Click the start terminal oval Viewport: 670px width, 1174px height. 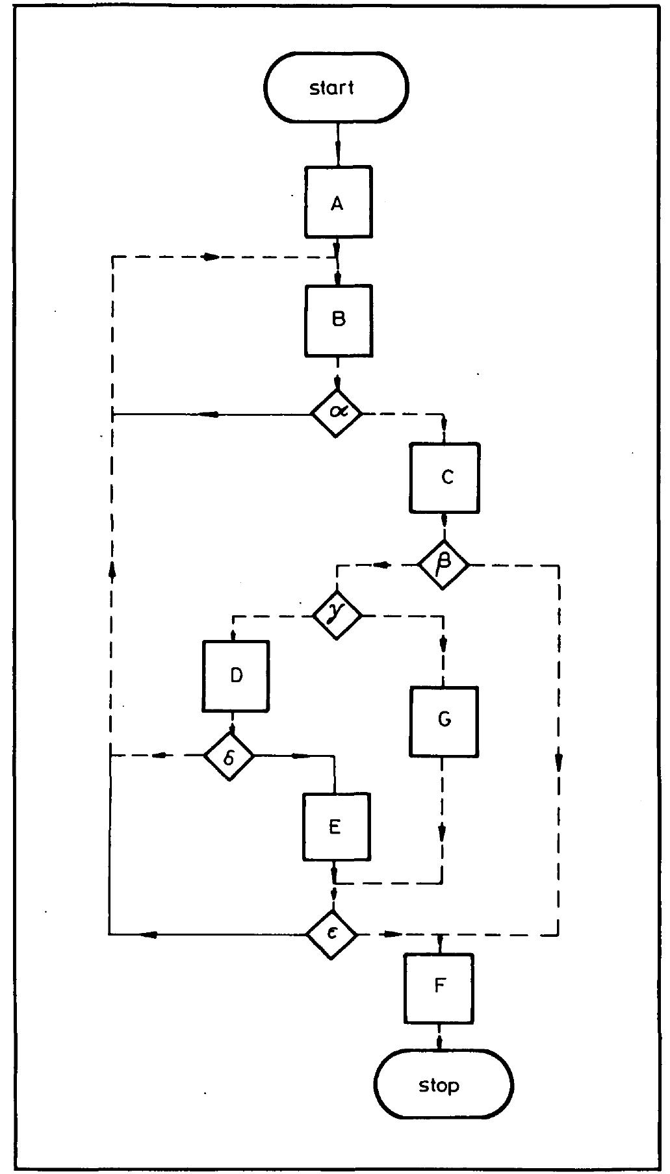pyautogui.click(x=335, y=87)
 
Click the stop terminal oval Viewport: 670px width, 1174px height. pyautogui.click(x=443, y=1084)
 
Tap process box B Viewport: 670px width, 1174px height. pyautogui.click(x=339, y=320)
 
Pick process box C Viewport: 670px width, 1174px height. pyautogui.click(x=445, y=478)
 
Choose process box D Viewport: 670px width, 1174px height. pyautogui.click(x=236, y=676)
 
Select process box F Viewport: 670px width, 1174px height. pyautogui.click(x=439, y=986)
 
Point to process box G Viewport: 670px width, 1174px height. pyautogui.click(x=444, y=721)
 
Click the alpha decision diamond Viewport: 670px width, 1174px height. pyautogui.click(x=335, y=413)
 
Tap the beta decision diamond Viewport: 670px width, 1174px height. pyautogui.click(x=443, y=565)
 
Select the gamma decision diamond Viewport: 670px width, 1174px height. pyautogui.click(x=336, y=615)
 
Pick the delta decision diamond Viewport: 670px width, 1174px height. pyautogui.click(x=229, y=756)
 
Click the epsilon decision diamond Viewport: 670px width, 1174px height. pyautogui.click(x=332, y=934)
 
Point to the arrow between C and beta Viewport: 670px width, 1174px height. pyautogui.click(x=444, y=521)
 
